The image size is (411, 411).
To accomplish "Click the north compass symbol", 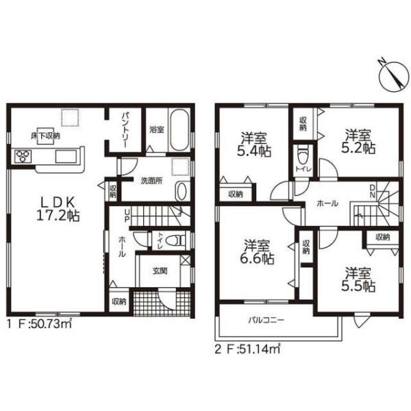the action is (x=394, y=76).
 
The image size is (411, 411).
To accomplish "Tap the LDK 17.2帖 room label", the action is (x=58, y=209).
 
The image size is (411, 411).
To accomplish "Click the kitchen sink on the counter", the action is (x=66, y=156).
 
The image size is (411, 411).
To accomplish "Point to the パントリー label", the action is (x=125, y=130).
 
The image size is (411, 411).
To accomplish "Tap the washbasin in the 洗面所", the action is (x=182, y=191).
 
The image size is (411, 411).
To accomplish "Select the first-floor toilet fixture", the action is (x=178, y=240).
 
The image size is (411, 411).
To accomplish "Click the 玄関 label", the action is (x=160, y=271).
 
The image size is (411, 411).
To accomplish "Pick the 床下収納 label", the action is (x=46, y=136).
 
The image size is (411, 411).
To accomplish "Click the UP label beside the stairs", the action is (x=127, y=216).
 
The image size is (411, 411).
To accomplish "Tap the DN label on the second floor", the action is (x=373, y=191).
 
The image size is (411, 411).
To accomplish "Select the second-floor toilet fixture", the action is (x=303, y=155).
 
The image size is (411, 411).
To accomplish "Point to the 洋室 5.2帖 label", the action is (x=358, y=141).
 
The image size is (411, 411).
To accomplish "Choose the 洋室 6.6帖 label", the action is (x=257, y=251).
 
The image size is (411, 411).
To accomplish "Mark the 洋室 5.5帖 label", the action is (x=358, y=279).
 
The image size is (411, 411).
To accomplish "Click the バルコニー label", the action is (x=266, y=321).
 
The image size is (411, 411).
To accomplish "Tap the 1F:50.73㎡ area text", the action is (x=39, y=324).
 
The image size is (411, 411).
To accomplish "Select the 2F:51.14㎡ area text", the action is (x=248, y=349).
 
